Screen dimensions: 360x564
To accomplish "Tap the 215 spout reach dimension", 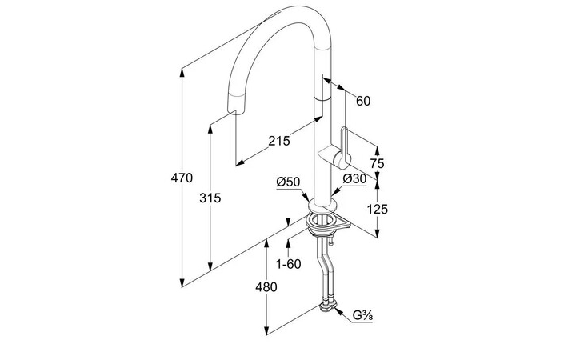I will pos(278,142).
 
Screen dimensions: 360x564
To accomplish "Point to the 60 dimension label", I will pos(363,101).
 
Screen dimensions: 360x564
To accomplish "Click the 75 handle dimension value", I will pos(378,163).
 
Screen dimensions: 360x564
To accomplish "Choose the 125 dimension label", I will pos(378,209).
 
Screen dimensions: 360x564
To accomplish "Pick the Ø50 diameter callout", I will pos(287,181).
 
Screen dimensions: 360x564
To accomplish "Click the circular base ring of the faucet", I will pos(321,216).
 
